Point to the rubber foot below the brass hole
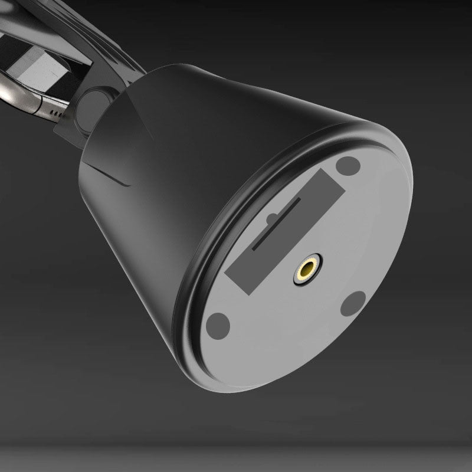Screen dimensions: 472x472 [354, 303]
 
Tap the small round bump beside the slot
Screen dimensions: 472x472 [271, 219]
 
